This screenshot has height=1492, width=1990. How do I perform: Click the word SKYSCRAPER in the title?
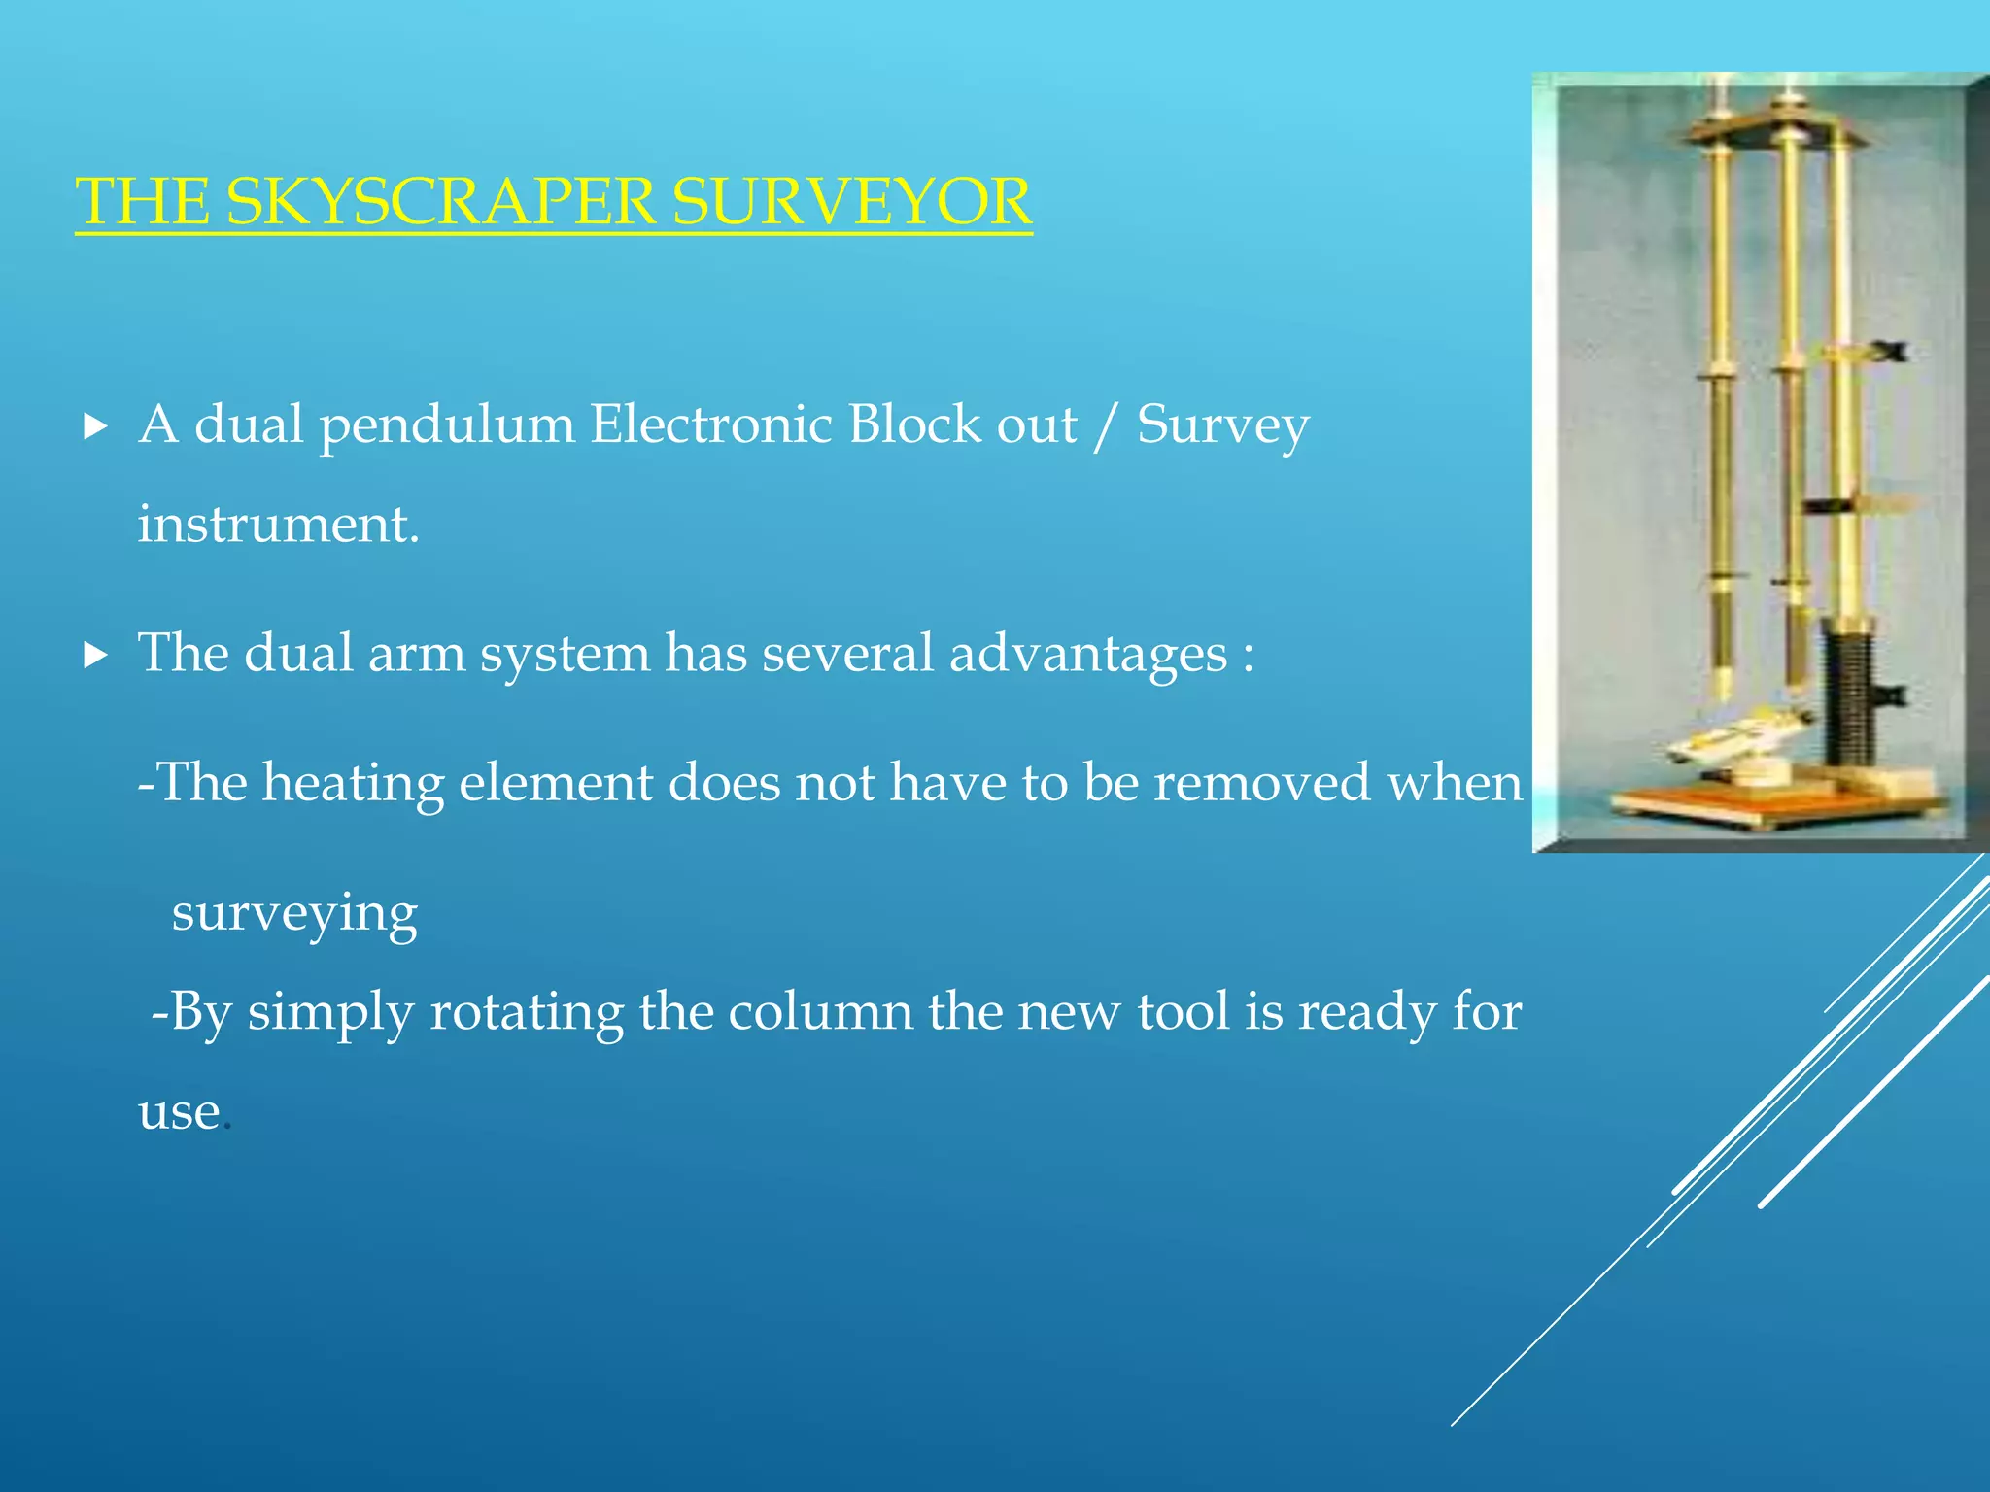[440, 201]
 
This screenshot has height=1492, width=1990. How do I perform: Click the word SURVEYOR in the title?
[851, 201]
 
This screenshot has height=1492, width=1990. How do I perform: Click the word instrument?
[277, 525]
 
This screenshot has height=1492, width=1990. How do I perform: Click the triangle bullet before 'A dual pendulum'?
[95, 426]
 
